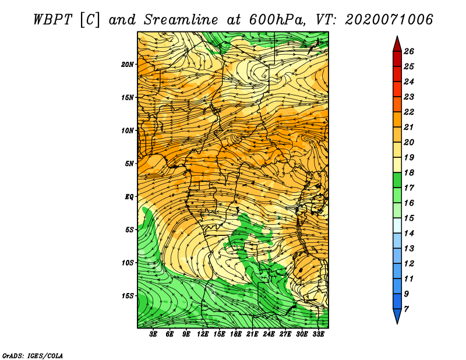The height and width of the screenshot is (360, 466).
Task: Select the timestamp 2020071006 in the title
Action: point(389,19)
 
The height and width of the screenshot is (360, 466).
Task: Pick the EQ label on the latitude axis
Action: point(129,196)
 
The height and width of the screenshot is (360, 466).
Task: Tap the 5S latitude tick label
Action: point(130,230)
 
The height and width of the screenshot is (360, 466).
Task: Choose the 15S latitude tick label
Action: point(128,295)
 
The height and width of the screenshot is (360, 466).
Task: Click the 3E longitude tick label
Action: point(154,334)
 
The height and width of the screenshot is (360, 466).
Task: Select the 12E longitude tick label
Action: point(203,334)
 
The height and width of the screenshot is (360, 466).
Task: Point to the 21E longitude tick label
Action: point(252,334)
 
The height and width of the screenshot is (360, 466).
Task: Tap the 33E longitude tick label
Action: point(318,334)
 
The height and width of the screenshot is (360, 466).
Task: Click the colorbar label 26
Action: point(408,51)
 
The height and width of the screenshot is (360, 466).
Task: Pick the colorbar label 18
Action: point(408,173)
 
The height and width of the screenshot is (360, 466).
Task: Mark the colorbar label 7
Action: point(406,309)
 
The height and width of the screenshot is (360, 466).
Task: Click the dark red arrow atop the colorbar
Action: point(397,43)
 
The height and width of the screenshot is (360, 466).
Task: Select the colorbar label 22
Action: point(408,112)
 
